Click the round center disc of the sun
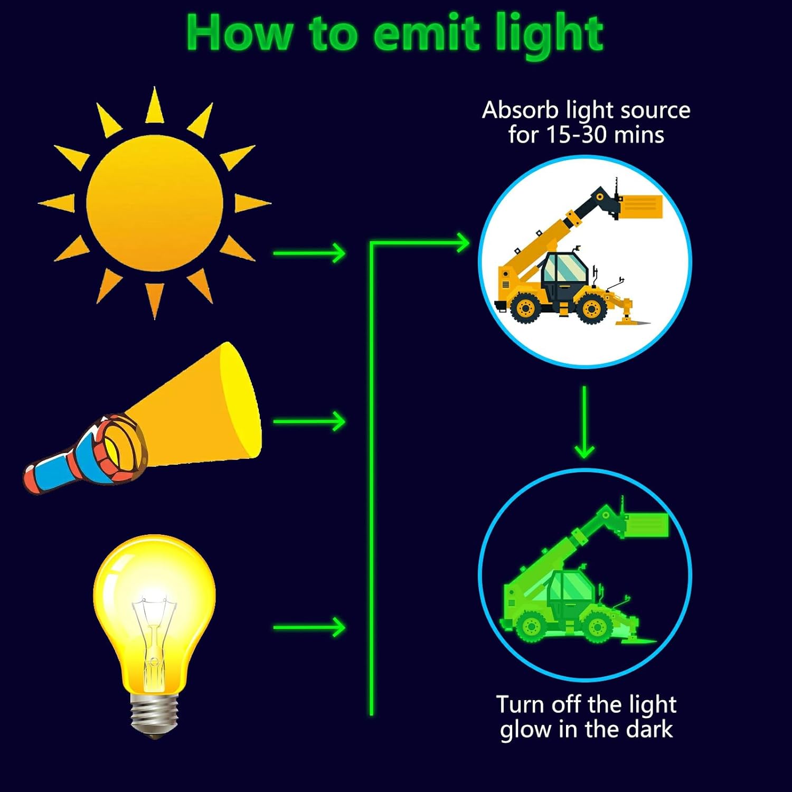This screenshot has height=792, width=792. pos(154,203)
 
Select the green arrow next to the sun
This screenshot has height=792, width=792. pos(309,253)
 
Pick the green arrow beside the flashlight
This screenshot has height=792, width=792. pos(309,421)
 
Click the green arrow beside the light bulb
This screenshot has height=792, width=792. pos(309,628)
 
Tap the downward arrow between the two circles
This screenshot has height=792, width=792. pos(584,422)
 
